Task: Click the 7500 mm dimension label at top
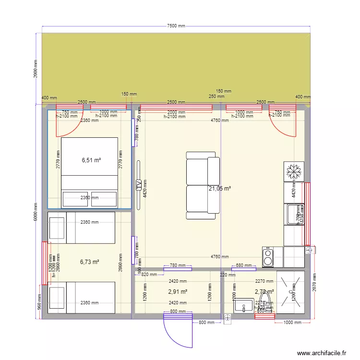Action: point(176,26)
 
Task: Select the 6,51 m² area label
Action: point(91,160)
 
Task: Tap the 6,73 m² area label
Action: point(89,262)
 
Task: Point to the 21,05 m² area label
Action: point(219,189)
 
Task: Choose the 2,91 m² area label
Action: point(178,291)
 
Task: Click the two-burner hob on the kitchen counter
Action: point(267,257)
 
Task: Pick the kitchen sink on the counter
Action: point(293,214)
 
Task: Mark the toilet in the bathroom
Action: point(264,305)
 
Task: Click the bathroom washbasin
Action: point(244,305)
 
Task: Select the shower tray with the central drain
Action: point(290,292)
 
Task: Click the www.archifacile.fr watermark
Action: point(321,353)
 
